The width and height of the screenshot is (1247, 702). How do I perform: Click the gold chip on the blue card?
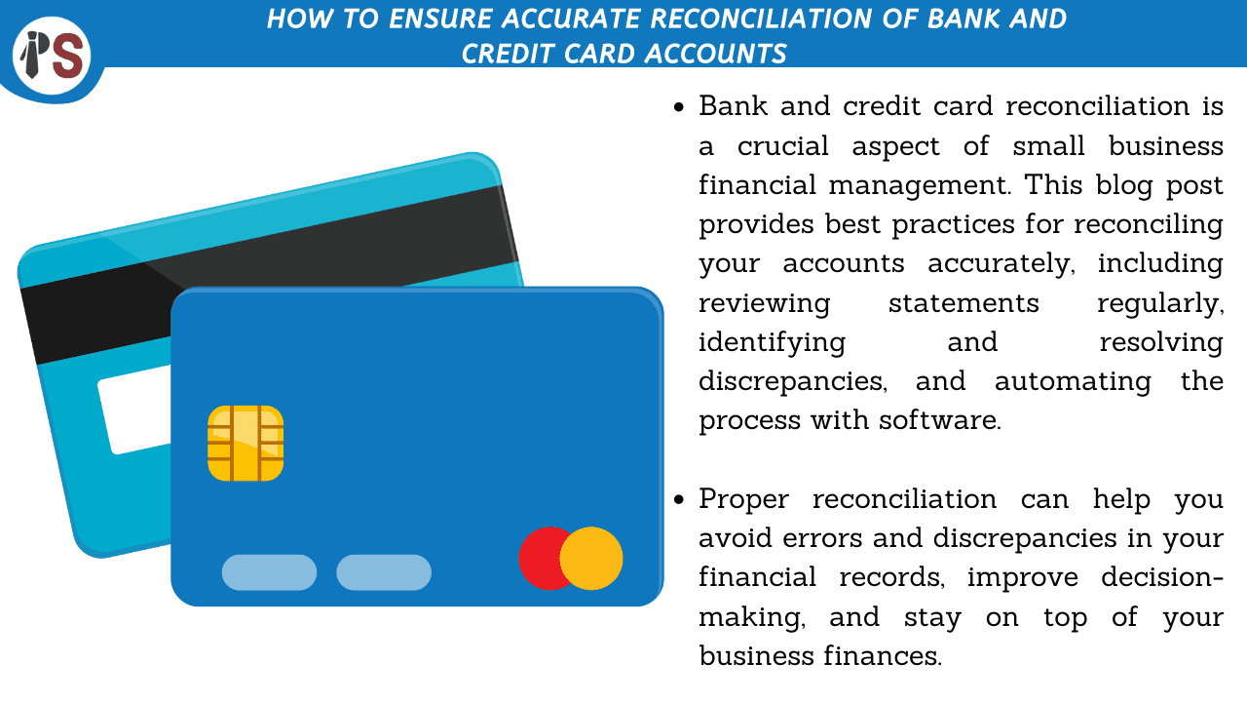(246, 444)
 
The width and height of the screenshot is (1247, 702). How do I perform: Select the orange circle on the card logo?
(591, 559)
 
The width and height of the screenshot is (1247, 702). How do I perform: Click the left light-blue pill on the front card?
(270, 572)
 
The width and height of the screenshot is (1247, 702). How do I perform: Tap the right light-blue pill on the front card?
(384, 572)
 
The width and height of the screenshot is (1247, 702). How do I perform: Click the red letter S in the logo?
(69, 56)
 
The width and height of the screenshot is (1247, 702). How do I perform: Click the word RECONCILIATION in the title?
(761, 19)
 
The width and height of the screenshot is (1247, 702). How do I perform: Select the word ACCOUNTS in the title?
(716, 54)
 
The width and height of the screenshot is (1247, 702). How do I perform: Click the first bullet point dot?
(678, 107)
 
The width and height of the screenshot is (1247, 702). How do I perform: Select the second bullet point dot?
(678, 500)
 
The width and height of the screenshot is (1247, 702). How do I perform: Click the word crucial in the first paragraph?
(783, 146)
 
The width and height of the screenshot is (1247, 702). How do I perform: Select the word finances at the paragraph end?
(883, 656)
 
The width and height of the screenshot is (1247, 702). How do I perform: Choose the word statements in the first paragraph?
(964, 303)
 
